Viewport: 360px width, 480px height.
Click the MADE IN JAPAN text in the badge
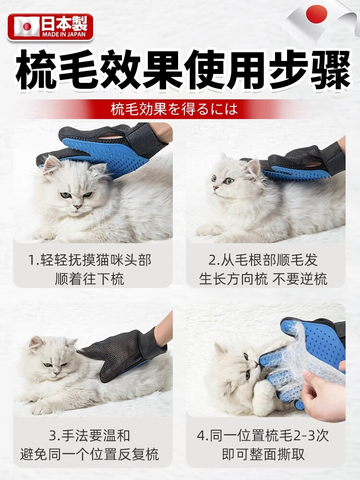64,34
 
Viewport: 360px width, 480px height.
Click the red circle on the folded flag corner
316,14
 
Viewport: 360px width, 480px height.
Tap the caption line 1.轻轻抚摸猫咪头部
90,261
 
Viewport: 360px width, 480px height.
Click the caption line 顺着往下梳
90,279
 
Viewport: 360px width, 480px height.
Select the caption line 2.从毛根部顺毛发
263,261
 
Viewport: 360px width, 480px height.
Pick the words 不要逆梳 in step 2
300,279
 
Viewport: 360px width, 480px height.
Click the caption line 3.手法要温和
90,436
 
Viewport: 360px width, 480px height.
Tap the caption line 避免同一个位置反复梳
90,454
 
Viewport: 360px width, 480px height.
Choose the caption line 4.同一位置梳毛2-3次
263,436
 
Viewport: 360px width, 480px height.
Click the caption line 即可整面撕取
263,454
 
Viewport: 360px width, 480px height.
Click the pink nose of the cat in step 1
78,206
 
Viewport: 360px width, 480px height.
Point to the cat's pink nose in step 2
216,188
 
